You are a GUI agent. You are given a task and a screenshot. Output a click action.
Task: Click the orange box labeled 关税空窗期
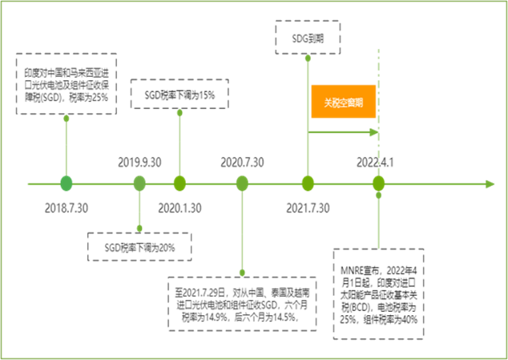pos(343,103)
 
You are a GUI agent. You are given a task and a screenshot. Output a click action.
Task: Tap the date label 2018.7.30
pos(67,208)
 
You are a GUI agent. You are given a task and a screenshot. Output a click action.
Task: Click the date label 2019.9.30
pos(139,162)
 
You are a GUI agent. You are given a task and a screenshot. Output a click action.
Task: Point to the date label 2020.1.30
pos(179,208)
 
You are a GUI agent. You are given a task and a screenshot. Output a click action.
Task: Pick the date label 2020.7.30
pos(241,162)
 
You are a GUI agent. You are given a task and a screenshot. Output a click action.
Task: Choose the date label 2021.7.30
pos(308,208)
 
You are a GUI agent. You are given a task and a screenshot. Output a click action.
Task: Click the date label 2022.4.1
pos(377,162)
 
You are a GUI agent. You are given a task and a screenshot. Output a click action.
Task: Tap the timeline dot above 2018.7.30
pos(67,184)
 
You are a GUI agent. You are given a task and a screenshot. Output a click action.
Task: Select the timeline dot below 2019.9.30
pos(139,184)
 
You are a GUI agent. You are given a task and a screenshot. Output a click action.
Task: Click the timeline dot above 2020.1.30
pos(179,184)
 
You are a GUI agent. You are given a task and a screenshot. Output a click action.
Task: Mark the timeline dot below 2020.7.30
pos(242,184)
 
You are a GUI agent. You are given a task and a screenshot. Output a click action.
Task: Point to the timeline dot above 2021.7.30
pos(308,184)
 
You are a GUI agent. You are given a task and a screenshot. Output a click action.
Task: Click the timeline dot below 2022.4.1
pos(378,184)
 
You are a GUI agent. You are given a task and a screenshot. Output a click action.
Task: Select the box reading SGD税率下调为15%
pos(179,96)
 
